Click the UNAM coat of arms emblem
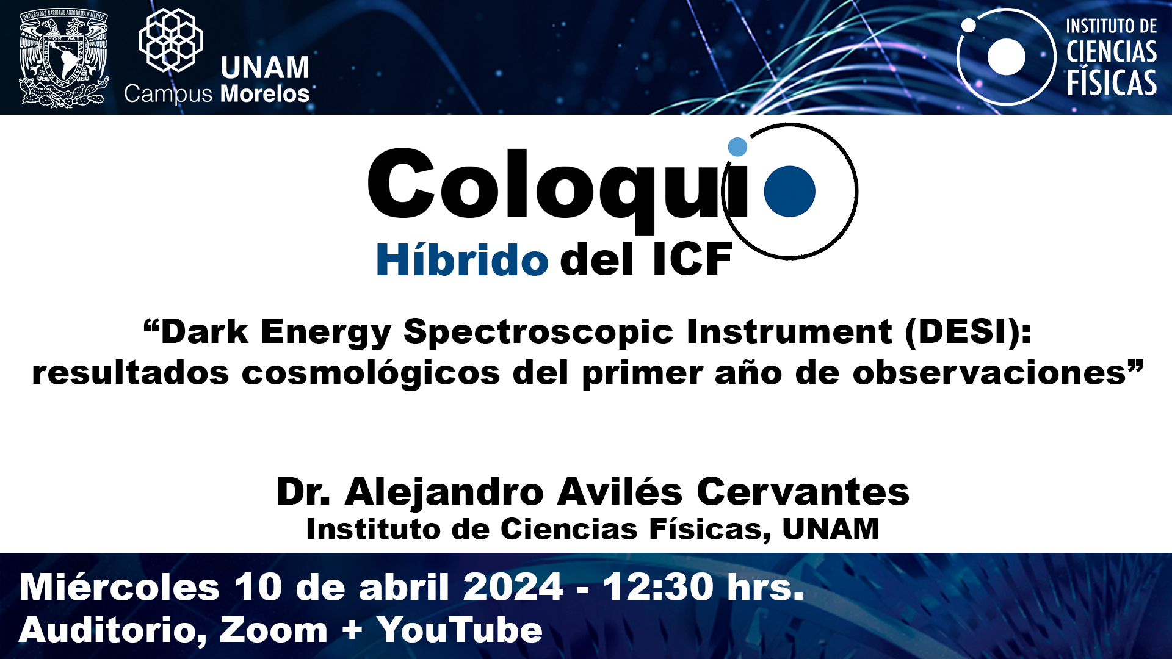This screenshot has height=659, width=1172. [x=64, y=58]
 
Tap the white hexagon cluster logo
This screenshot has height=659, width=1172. [x=171, y=40]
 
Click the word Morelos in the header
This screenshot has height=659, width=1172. [x=265, y=94]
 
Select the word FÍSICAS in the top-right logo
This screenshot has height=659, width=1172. [x=1112, y=82]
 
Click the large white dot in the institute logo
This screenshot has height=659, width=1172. [x=1006, y=57]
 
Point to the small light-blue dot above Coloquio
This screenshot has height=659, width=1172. [x=737, y=146]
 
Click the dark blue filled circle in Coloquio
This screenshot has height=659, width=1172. [x=789, y=191]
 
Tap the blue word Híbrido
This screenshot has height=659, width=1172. [x=462, y=259]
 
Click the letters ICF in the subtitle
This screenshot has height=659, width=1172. [x=692, y=259]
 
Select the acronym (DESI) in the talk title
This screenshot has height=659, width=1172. [x=968, y=333]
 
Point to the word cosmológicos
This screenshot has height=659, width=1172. [x=371, y=373]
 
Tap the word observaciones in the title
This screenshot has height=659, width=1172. [x=989, y=372]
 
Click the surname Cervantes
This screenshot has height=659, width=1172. [x=803, y=492]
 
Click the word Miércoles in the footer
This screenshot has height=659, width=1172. [x=120, y=587]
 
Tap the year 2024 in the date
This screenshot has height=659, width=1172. [x=513, y=587]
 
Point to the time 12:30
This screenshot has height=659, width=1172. [x=658, y=587]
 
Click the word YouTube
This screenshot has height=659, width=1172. [x=460, y=630]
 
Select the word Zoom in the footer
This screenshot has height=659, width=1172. [x=273, y=630]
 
